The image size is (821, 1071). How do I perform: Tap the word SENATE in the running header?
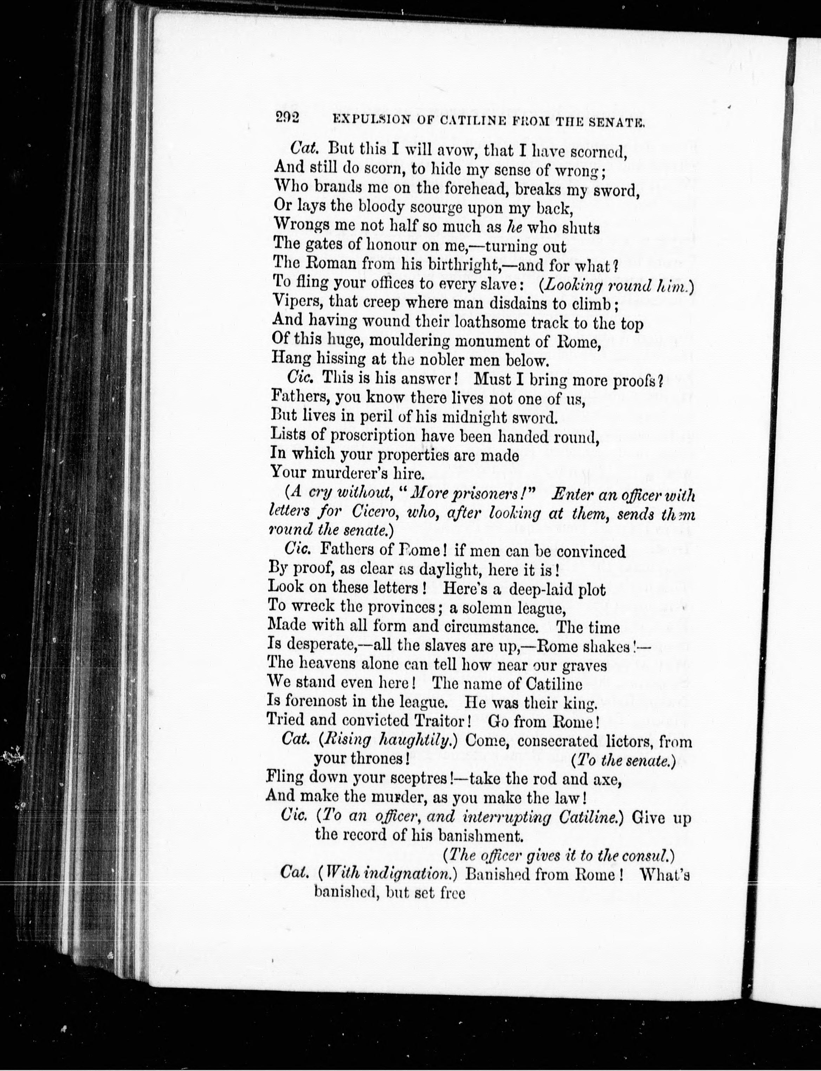(x=619, y=121)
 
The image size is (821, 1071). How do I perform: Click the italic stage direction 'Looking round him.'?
(x=616, y=285)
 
